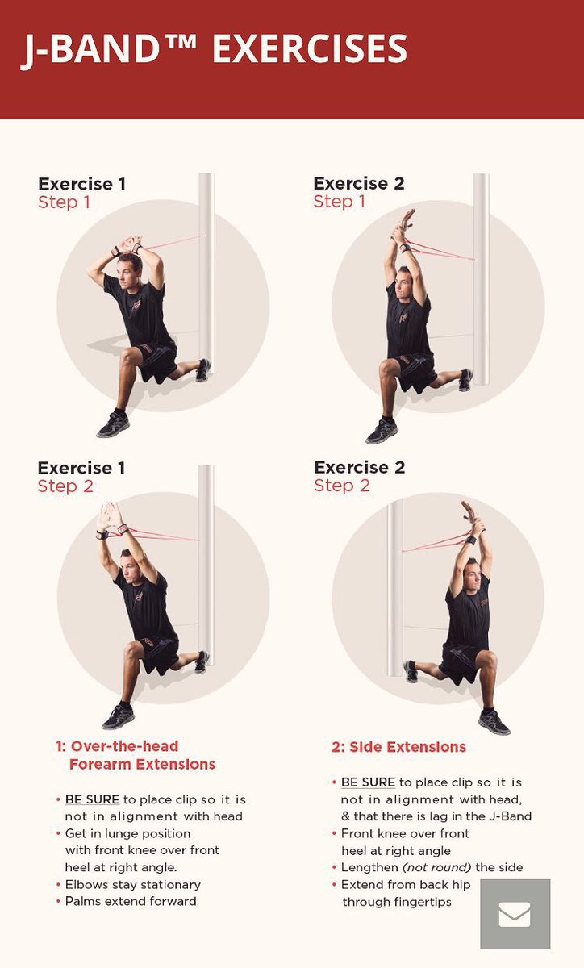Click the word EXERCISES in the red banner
[310, 49]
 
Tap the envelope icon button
[515, 914]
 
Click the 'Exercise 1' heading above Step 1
[81, 184]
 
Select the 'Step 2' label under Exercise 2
[341, 486]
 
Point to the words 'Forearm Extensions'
[142, 764]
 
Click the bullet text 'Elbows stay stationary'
[133, 884]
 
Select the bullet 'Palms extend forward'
[131, 901]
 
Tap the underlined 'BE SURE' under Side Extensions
[368, 782]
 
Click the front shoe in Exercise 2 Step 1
[382, 432]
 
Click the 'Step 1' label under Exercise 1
[65, 202]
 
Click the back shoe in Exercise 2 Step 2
[411, 672]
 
